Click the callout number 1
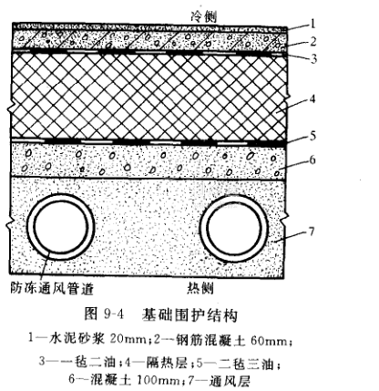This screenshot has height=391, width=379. tap(312, 24)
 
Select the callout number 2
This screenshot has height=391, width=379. tap(313, 41)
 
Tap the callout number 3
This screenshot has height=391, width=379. tap(313, 58)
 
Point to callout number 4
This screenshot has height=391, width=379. tap(312, 98)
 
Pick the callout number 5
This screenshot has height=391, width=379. tap(312, 136)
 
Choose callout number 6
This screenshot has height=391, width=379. tap(312, 159)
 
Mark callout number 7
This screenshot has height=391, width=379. tap(312, 232)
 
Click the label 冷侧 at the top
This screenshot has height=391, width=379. tap(204, 16)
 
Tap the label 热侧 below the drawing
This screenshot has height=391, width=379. tap(200, 288)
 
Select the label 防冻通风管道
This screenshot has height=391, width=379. tap(52, 288)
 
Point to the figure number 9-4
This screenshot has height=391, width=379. tap(114, 314)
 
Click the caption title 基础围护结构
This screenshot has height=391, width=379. tap(189, 315)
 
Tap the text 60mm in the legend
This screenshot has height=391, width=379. tap(269, 341)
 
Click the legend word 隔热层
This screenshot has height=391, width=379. tap(167, 363)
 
